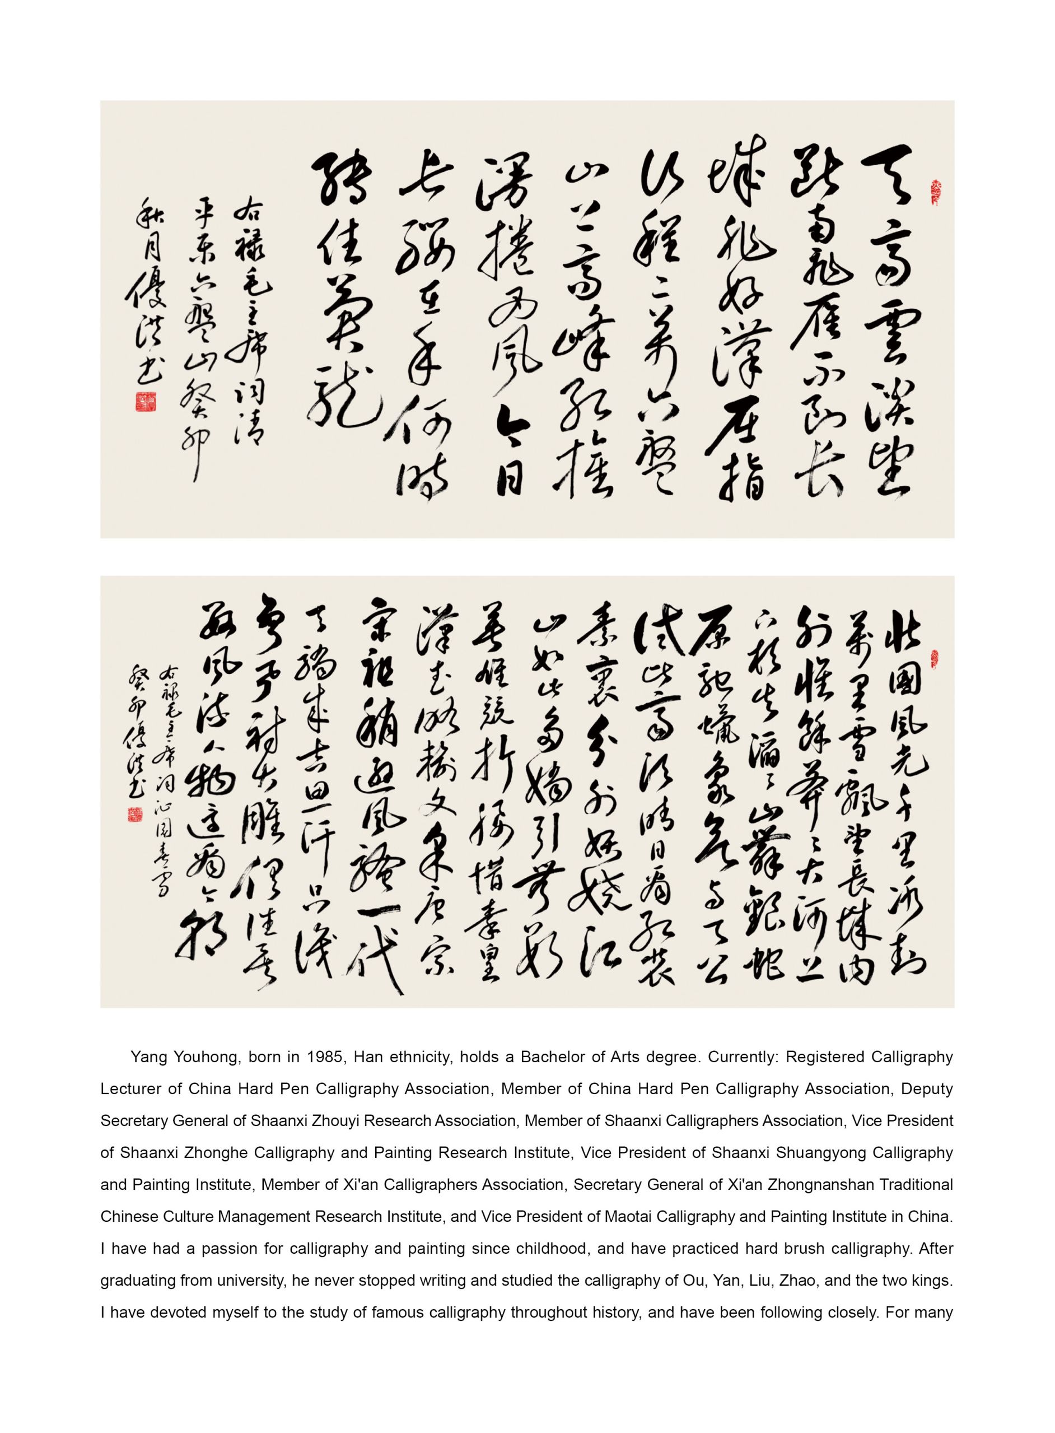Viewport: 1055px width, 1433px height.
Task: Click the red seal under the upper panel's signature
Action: [146, 401]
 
